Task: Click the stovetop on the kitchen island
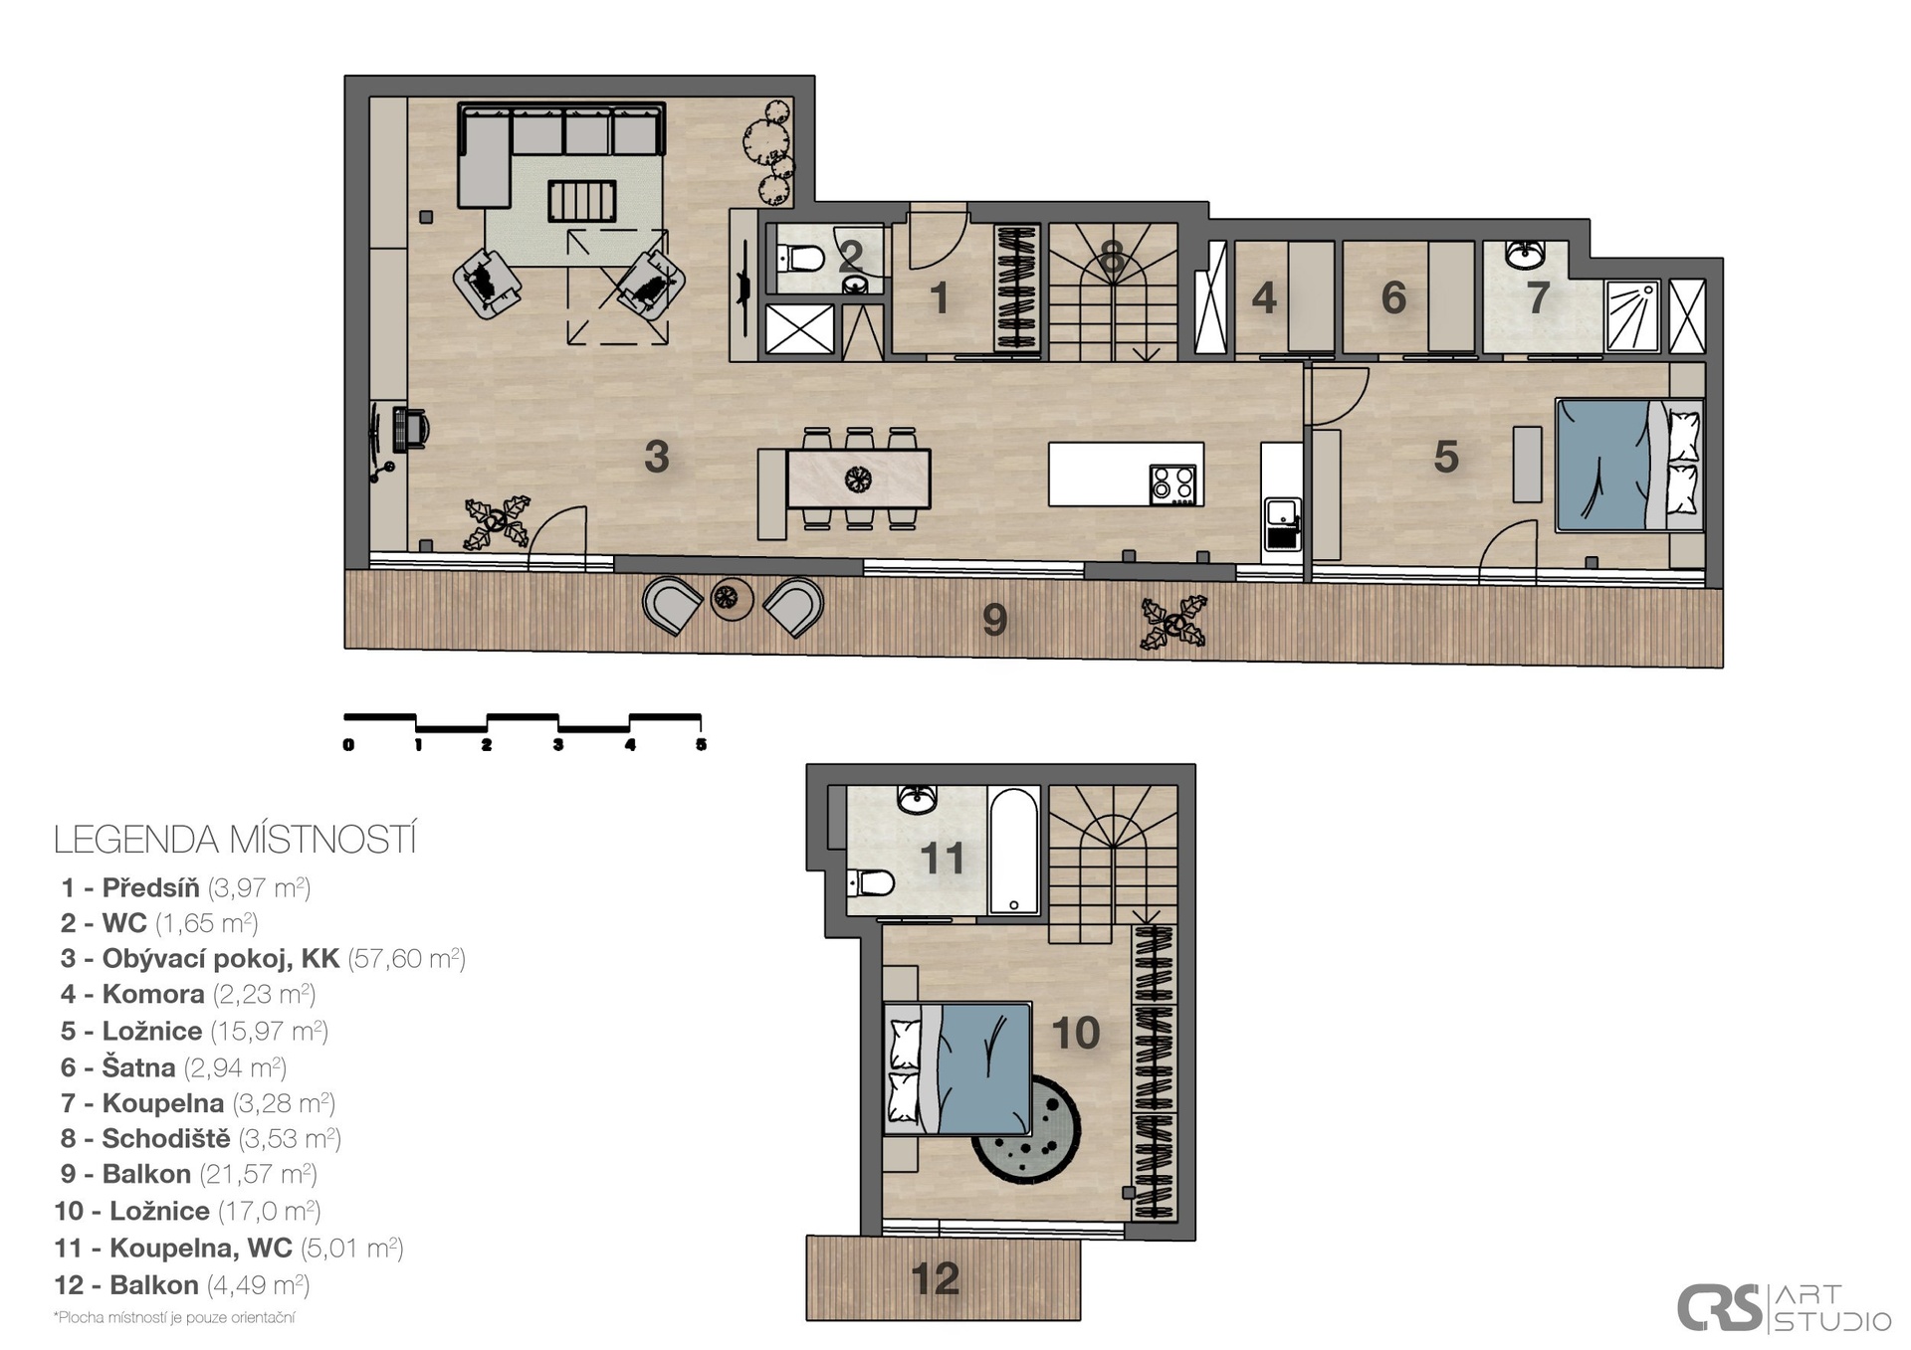click(1172, 484)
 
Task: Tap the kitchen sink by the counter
click(1282, 524)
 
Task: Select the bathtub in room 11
click(1014, 851)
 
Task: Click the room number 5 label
click(1446, 457)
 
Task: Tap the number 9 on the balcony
click(994, 620)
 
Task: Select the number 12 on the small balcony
click(935, 1278)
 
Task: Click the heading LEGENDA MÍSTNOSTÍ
click(235, 840)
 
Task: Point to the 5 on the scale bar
click(701, 744)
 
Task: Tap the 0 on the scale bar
click(348, 744)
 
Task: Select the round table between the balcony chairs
click(733, 598)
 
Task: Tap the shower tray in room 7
click(1633, 316)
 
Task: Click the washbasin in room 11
click(917, 799)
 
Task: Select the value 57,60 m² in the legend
click(406, 958)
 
